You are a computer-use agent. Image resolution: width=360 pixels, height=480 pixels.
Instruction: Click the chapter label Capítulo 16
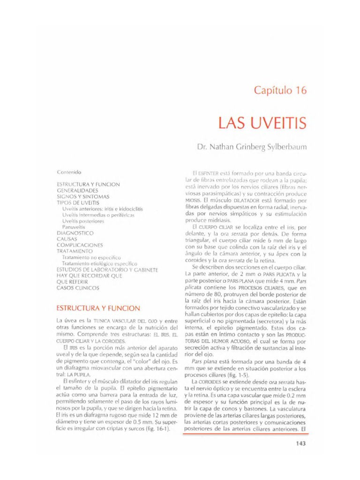tap(280, 90)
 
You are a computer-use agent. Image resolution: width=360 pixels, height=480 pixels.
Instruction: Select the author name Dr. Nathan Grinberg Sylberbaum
tap(252, 147)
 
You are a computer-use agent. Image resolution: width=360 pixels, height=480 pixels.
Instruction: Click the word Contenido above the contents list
tap(69, 172)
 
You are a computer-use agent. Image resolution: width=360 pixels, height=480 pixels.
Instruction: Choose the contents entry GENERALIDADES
tap(77, 191)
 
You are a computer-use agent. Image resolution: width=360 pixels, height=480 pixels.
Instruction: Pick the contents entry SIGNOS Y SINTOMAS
tap(83, 197)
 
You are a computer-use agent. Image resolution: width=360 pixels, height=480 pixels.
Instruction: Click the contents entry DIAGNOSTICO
tap(75, 233)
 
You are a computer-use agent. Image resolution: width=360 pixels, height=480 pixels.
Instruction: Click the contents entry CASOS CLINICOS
tap(78, 288)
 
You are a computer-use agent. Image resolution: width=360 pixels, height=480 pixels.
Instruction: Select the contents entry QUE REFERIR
tap(72, 282)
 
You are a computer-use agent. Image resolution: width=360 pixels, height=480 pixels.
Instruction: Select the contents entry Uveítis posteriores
tap(83, 221)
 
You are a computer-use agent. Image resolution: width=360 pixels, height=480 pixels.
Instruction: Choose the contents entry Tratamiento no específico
tap(91, 257)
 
